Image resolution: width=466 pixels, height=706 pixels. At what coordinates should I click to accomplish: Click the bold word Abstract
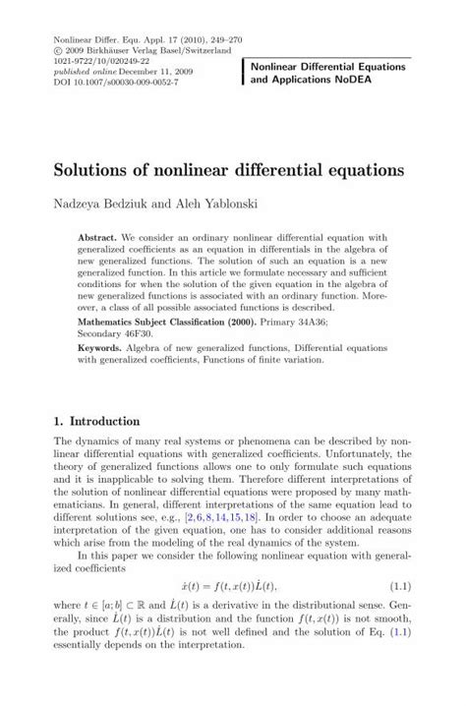coord(98,239)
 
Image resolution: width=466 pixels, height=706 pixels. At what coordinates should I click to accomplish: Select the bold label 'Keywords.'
coord(100,349)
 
